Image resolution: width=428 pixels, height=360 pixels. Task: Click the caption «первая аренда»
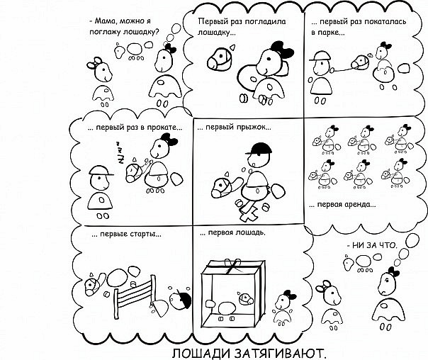click(345, 205)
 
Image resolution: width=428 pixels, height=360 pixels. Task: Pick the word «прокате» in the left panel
click(159, 128)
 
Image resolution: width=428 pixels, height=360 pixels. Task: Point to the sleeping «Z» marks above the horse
click(121, 151)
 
